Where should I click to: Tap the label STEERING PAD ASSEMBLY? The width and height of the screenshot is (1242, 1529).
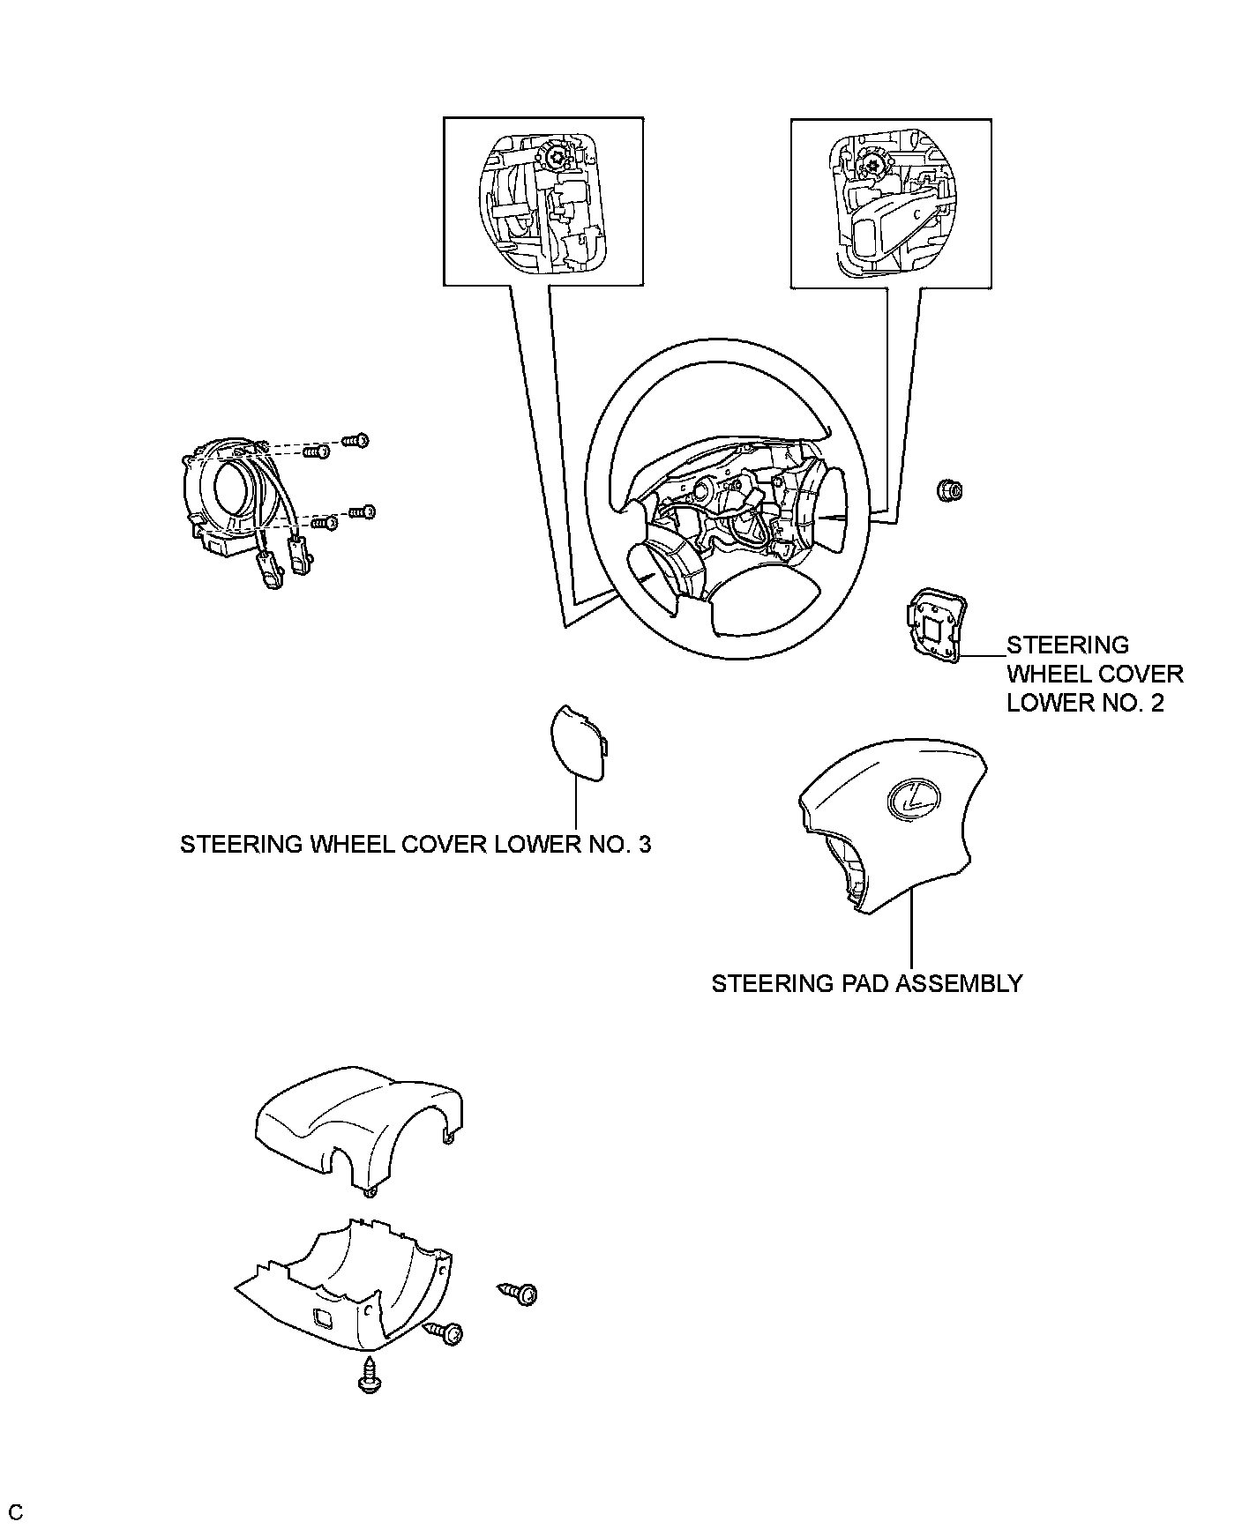pyautogui.click(x=866, y=983)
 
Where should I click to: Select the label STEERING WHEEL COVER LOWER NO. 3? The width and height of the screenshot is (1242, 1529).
pyautogui.click(x=415, y=844)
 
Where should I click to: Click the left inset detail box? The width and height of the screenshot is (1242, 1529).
pyautogui.click(x=542, y=202)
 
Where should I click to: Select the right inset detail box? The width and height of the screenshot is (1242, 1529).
pyautogui.click(x=891, y=203)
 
